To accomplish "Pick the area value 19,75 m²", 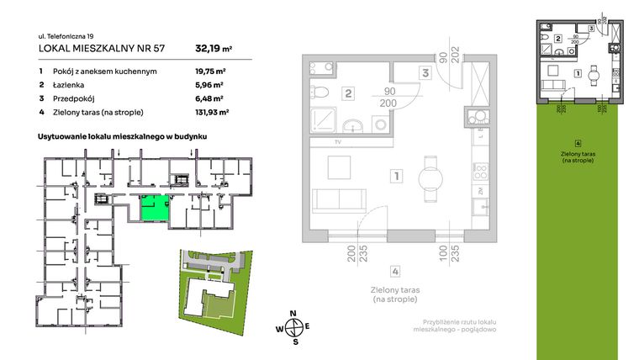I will [x=201, y=71].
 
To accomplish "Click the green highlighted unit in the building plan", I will [x=151, y=207].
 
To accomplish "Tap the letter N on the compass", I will [x=293, y=315].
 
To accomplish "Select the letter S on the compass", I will [x=294, y=342].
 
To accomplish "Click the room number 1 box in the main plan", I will [x=394, y=177].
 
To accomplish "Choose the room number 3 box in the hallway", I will [x=425, y=73].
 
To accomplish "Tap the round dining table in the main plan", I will [x=431, y=177].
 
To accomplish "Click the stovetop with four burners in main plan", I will [x=481, y=172].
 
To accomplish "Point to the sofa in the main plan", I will [x=337, y=201].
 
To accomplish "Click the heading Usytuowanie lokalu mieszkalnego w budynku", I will [x=123, y=135].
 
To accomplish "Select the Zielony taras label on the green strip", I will [x=578, y=157].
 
